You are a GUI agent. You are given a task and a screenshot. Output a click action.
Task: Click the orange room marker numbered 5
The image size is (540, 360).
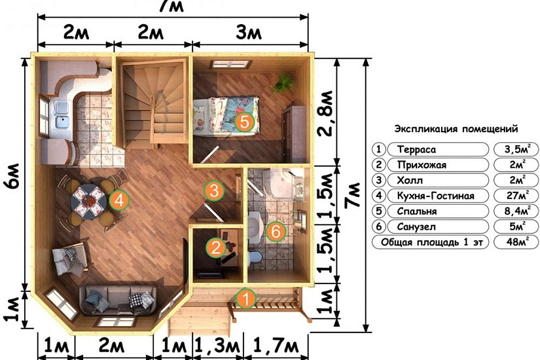coord(244,122)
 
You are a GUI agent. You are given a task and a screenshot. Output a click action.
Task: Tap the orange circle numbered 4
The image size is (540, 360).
coord(119,200)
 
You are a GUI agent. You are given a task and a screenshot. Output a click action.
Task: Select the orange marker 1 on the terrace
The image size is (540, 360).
coord(246,298)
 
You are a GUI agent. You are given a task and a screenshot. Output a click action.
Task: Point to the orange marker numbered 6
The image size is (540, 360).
coord(276,232)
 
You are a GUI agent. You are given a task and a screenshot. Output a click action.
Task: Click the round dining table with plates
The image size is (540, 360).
coord(89,202)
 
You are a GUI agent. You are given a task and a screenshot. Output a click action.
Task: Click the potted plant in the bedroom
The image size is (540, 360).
coord(284,82)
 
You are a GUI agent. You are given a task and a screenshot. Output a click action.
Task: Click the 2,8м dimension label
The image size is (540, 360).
coord(325,113)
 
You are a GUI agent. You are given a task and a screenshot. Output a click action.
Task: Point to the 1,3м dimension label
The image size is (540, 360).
coord(217,346)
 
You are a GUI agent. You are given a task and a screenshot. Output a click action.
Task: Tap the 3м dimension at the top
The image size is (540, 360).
coord(249,33)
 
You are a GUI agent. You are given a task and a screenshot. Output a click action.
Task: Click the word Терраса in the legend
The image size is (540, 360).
coord(416,149)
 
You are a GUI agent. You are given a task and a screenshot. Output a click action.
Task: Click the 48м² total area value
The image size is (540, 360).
coord(517,242)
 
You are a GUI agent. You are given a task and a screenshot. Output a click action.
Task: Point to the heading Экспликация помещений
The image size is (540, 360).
coord(456,129)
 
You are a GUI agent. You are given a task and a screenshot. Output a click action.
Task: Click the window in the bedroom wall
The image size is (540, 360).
coord(230,64)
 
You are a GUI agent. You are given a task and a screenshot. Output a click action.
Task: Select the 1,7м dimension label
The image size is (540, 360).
coord(276,346)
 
